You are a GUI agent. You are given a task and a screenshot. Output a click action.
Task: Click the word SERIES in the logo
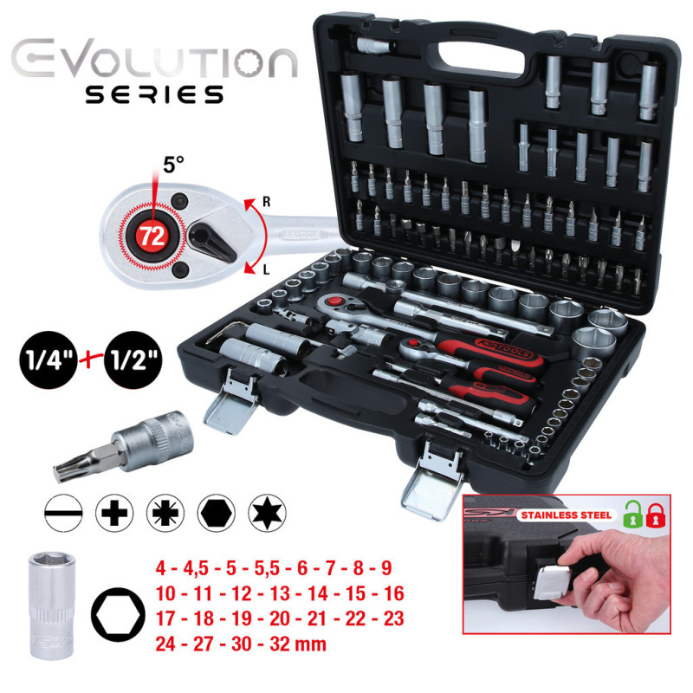[x=153, y=94]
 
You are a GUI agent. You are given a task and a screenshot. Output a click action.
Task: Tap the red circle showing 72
[x=152, y=236]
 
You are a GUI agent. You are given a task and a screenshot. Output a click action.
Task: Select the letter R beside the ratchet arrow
[x=268, y=202]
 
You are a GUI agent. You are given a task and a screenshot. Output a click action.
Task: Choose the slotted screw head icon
[x=62, y=515]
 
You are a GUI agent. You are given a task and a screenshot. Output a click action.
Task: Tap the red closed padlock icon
[x=657, y=515]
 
